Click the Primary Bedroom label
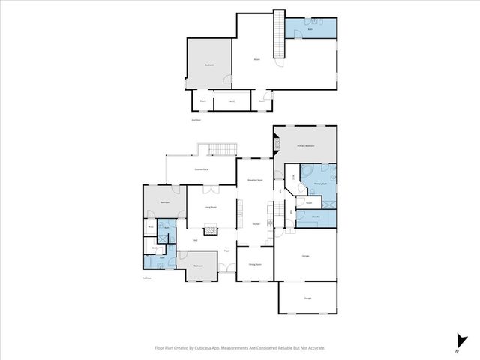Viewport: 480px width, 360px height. coord(305,146)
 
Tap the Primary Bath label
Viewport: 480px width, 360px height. coord(320,184)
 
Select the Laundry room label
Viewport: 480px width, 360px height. coord(316,217)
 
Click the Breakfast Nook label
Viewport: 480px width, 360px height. coord(254,181)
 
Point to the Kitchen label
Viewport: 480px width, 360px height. coord(255,224)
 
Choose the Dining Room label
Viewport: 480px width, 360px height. coord(254,264)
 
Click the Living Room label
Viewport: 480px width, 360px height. coord(211,207)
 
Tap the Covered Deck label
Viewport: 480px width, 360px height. coord(202,170)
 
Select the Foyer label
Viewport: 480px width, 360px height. coord(226,251)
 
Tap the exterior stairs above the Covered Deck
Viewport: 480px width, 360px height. coord(222,148)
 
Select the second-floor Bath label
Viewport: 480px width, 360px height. coord(310,29)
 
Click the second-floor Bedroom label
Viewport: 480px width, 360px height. coord(208,65)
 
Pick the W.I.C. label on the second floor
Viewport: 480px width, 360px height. coord(232,100)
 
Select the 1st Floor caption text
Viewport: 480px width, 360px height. coord(147,277)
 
